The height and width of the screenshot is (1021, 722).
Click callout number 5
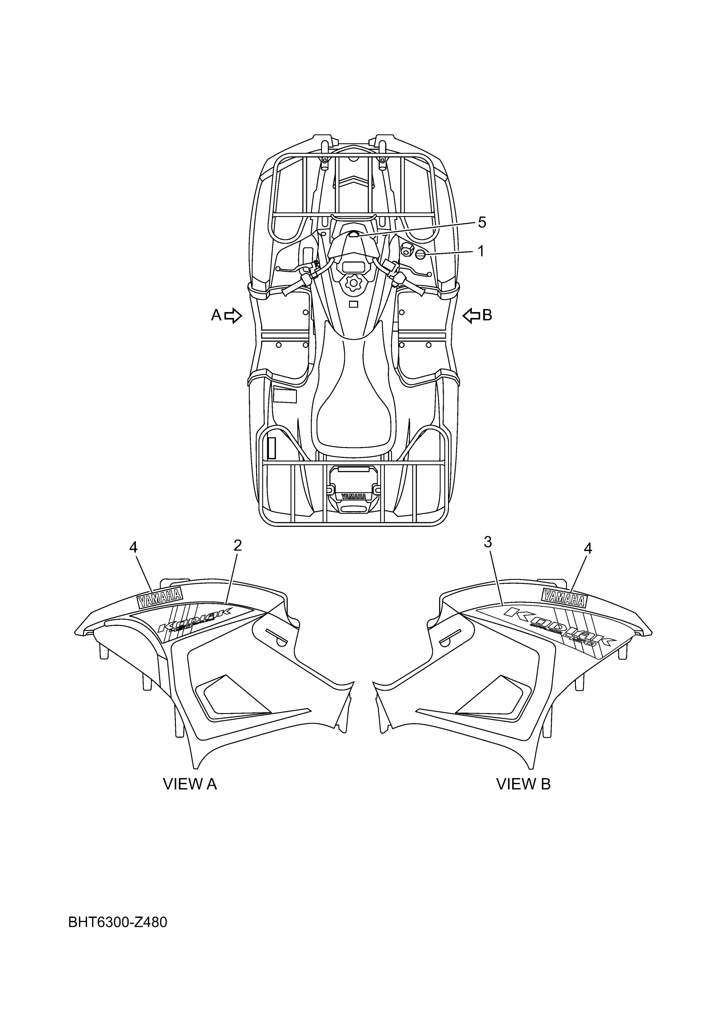[482, 222]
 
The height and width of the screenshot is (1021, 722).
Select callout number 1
[480, 251]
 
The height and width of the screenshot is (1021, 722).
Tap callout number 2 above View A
[237, 545]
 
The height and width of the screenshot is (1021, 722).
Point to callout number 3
[488, 542]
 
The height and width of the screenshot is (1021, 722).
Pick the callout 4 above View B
[588, 549]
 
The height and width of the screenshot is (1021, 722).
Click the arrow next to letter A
[233, 315]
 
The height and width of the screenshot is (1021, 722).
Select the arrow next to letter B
[471, 315]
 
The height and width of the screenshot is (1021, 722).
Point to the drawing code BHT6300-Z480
[118, 923]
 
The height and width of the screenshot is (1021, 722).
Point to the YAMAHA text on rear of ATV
[354, 496]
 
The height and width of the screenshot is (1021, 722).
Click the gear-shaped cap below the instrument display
[354, 283]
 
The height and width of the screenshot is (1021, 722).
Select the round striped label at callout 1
[421, 254]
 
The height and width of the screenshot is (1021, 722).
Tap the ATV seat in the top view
[354, 400]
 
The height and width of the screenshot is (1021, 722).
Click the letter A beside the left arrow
[216, 315]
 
